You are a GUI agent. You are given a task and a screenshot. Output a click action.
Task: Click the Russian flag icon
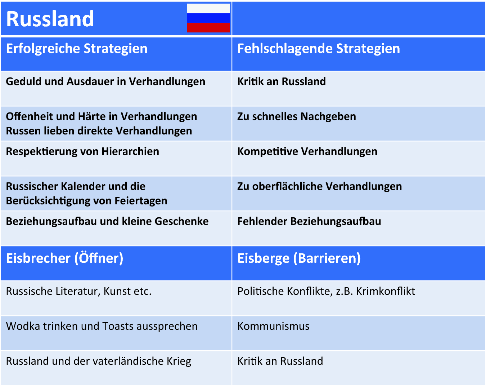point(208,18)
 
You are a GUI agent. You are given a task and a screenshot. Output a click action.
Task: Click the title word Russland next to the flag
point(50,19)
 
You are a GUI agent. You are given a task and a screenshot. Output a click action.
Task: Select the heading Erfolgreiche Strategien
point(77,49)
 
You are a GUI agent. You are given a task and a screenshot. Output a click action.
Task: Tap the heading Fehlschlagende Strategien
point(319,49)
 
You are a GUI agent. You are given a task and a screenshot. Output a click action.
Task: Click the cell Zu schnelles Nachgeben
point(297,116)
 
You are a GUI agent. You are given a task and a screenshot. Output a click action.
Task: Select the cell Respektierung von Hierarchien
point(82,151)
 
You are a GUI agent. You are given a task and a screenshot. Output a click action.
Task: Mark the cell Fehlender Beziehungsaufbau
point(309,221)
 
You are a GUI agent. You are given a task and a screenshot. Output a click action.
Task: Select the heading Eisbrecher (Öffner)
point(64,258)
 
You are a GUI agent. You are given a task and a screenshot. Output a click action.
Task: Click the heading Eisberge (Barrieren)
point(299,258)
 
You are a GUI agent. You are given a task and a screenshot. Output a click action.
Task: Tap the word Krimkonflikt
point(385,291)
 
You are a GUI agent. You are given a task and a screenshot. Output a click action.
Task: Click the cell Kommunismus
point(273,326)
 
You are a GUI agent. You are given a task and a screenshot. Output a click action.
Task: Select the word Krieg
point(179,361)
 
